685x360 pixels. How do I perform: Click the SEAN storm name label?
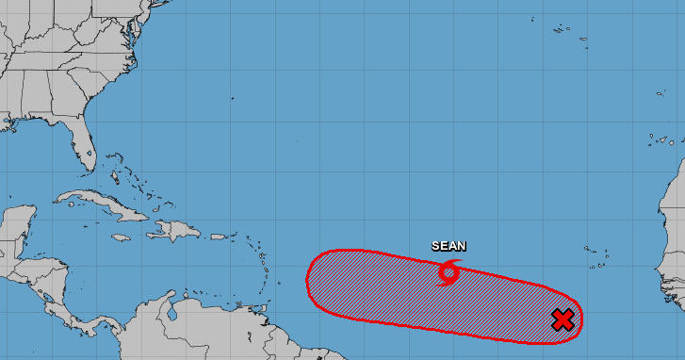click(449, 246)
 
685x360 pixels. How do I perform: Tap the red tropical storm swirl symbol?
click(449, 273)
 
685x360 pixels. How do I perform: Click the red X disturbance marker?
click(563, 320)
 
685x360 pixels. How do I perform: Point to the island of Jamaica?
click(120, 237)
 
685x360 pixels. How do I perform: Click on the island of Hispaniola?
click(175, 230)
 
